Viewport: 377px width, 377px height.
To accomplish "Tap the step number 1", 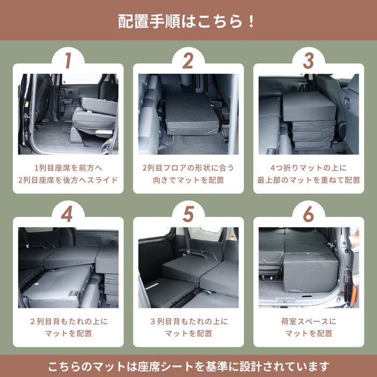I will tap(68, 61).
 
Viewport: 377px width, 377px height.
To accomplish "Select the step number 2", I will tap(187, 61).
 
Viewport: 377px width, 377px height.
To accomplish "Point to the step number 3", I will tap(308, 61).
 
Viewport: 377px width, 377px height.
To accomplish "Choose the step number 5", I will tap(187, 214).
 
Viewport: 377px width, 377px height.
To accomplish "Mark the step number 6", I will tap(308, 214).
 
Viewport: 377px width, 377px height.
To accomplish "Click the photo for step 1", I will tap(68, 114).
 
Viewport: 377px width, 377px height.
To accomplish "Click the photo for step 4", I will tap(68, 267).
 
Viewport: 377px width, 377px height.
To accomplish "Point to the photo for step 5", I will tap(188, 267).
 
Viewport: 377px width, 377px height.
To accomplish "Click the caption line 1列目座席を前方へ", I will tap(68, 167).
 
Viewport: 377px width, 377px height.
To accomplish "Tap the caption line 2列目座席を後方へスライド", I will tap(68, 180).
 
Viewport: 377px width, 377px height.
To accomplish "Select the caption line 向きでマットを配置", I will tap(188, 180).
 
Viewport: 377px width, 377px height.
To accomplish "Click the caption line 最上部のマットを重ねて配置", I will tap(309, 180).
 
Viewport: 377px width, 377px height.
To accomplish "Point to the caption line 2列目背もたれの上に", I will tap(68, 321).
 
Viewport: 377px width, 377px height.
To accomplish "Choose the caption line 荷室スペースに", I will tap(309, 321).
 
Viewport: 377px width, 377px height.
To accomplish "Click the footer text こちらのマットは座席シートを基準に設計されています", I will tap(188, 366).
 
